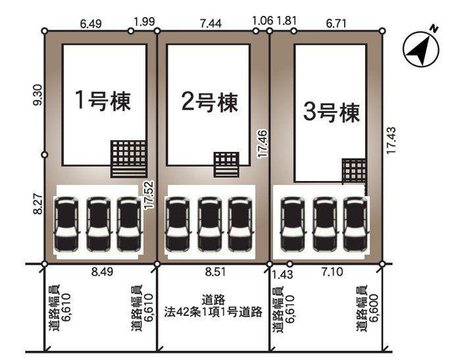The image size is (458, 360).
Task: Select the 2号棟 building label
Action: coord(209,102)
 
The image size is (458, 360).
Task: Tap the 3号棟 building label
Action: coord(332,113)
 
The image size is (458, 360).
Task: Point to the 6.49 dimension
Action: coord(91,23)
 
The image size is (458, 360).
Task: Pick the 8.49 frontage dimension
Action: coord(99,270)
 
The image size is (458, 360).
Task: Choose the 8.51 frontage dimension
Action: coord(213,270)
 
